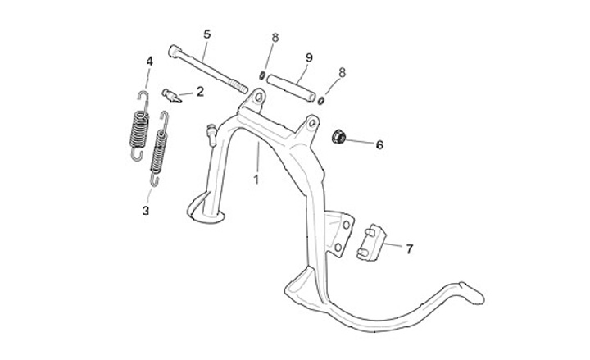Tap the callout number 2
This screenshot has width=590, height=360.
click(x=199, y=92)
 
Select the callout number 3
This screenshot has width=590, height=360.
click(x=146, y=211)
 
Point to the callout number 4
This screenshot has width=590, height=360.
click(x=149, y=61)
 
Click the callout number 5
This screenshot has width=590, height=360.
click(x=206, y=34)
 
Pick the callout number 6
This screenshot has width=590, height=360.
click(x=379, y=145)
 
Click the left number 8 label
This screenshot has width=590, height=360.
click(x=275, y=38)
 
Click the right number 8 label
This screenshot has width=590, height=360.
click(x=342, y=72)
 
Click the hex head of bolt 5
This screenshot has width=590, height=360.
click(x=175, y=52)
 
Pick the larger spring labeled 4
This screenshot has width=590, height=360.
click(x=139, y=127)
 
